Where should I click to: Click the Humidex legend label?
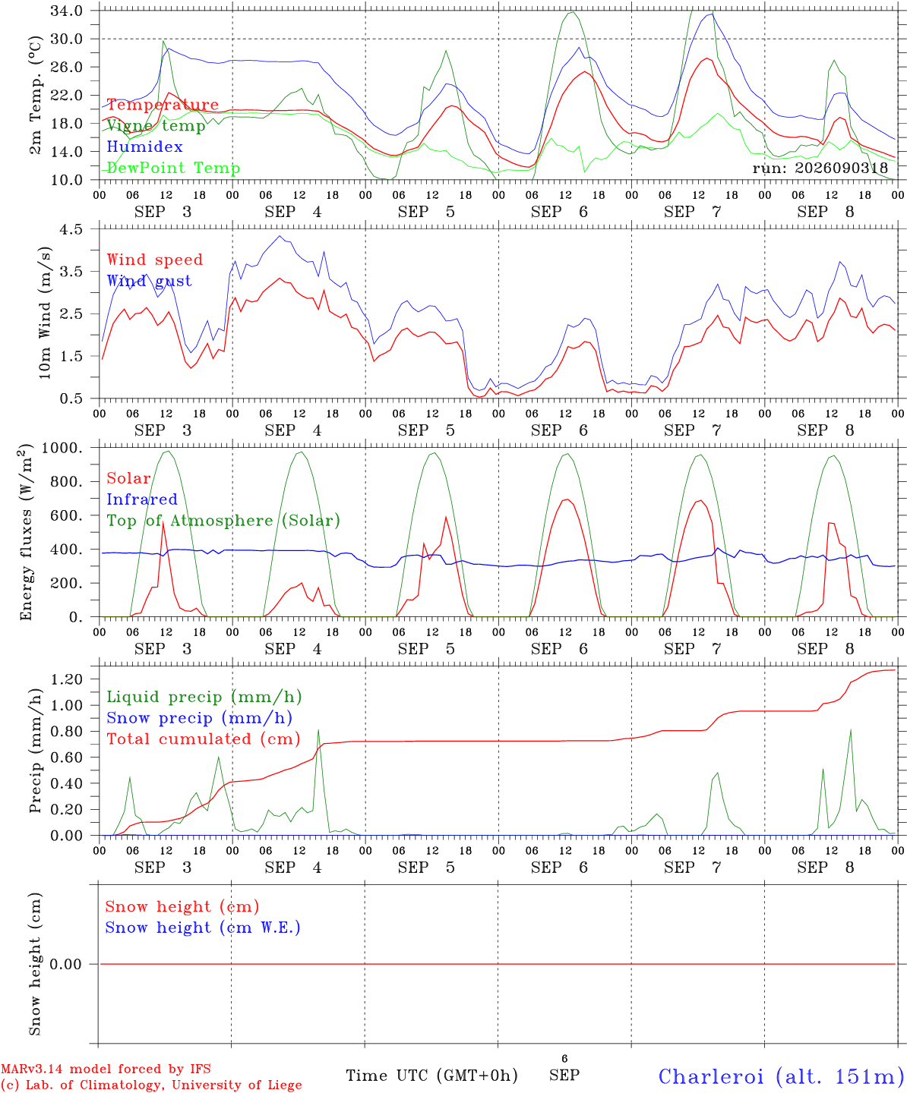click(144, 146)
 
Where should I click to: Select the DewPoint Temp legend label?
click(173, 168)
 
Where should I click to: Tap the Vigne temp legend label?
click(156, 126)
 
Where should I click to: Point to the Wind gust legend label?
click(150, 281)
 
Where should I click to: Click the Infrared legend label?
click(142, 499)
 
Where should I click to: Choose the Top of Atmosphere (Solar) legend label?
click(224, 521)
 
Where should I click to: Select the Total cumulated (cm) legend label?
click(204, 739)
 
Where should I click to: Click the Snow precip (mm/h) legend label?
click(199, 718)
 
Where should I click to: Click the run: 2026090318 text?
click(820, 168)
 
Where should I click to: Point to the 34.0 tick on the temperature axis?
click(67, 11)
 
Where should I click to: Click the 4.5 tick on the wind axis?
click(71, 229)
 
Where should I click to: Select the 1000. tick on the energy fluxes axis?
click(62, 448)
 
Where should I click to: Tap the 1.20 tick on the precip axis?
click(67, 679)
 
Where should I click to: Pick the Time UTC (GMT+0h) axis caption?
click(431, 1076)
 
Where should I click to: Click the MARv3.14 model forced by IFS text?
click(106, 1069)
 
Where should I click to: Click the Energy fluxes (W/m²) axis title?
click(26, 532)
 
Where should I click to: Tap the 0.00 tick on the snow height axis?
click(66, 964)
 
